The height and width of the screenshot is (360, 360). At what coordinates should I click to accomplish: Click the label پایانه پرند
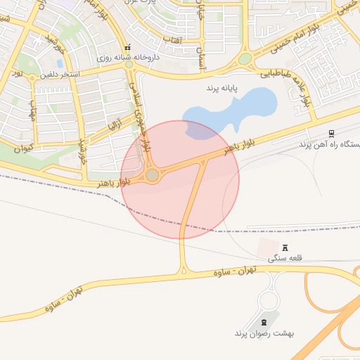click(223, 89)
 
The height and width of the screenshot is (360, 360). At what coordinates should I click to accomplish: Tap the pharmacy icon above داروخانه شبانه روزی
click(128, 47)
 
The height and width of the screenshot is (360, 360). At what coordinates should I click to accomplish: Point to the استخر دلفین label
click(60, 74)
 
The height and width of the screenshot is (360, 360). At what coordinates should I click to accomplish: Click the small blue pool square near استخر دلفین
click(59, 63)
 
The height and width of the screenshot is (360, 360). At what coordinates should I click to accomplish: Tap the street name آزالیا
click(115, 126)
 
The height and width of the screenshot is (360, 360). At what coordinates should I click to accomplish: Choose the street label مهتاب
click(32, 110)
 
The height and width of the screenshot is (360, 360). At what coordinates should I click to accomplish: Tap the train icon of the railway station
click(331, 134)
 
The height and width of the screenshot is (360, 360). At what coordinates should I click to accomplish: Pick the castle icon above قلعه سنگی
click(285, 247)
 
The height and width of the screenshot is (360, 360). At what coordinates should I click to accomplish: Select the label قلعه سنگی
click(285, 258)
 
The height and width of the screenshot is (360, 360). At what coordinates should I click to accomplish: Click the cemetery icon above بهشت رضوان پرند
click(264, 321)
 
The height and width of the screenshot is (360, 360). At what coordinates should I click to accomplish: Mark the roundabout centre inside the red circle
click(152, 175)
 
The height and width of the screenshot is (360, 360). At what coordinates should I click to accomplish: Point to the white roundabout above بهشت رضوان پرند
click(268, 301)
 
